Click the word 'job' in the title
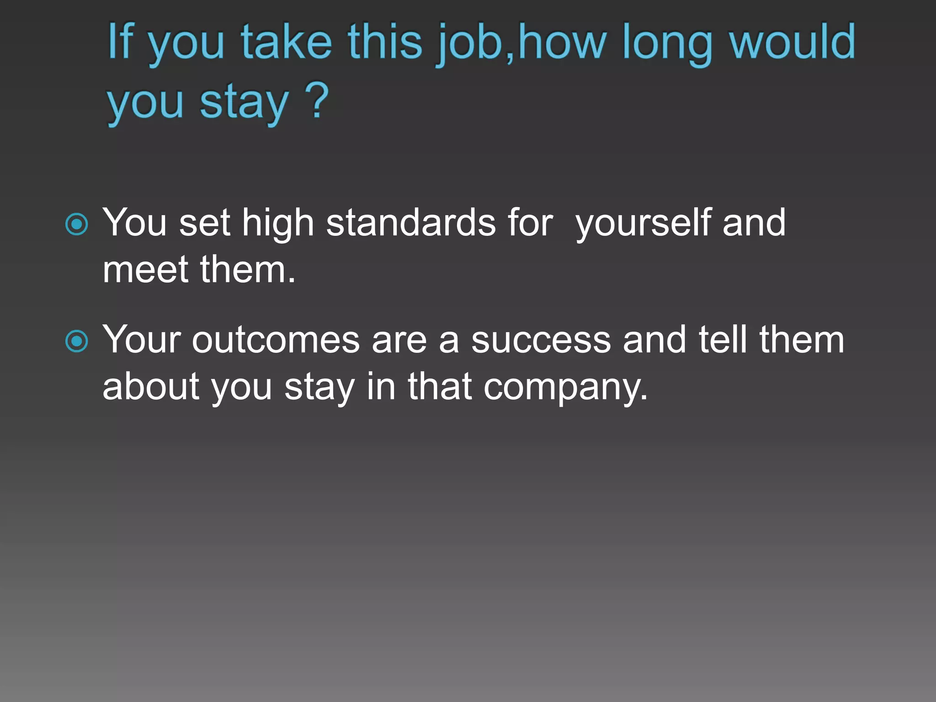click(x=471, y=43)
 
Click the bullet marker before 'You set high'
click(x=77, y=224)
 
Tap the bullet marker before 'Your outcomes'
click(x=77, y=341)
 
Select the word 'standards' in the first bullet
click(x=411, y=223)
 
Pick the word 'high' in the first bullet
click(x=277, y=223)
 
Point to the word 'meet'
click(x=145, y=270)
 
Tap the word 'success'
click(x=541, y=340)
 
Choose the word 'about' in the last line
click(x=151, y=387)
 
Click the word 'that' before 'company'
click(x=440, y=386)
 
